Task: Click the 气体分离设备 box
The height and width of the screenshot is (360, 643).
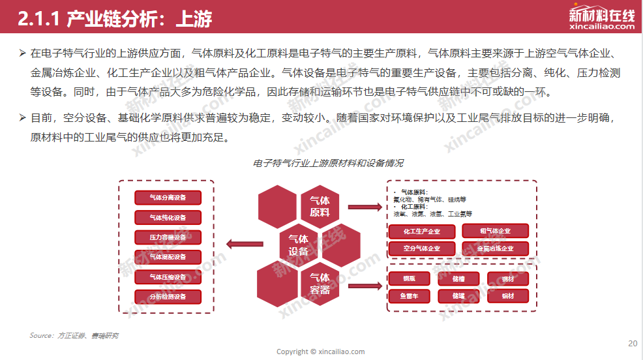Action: point(168,198)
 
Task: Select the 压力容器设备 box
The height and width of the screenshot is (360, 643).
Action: point(168,237)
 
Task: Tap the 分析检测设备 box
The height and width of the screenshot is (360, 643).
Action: point(168,297)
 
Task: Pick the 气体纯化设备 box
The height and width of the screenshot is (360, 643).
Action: point(168,218)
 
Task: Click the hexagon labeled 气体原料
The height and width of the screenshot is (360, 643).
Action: point(320,206)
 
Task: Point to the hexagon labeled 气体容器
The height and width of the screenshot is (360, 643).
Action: point(320,284)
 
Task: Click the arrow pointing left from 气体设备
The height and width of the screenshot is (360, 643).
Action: point(245,245)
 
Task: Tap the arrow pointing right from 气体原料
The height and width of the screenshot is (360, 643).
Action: point(364,207)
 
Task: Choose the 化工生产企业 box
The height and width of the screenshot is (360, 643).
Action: point(421,232)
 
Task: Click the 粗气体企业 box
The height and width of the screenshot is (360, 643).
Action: point(495,231)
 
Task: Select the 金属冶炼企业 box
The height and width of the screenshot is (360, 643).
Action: point(495,248)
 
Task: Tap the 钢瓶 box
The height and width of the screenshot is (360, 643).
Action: point(408,279)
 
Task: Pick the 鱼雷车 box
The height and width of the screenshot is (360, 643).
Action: point(408,296)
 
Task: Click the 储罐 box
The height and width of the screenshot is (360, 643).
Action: point(458,296)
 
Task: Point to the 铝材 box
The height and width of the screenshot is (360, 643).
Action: point(508,296)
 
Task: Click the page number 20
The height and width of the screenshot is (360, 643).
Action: point(633,344)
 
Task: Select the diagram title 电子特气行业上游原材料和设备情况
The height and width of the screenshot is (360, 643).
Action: point(328,163)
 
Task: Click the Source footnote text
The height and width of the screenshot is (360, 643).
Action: point(74,335)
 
